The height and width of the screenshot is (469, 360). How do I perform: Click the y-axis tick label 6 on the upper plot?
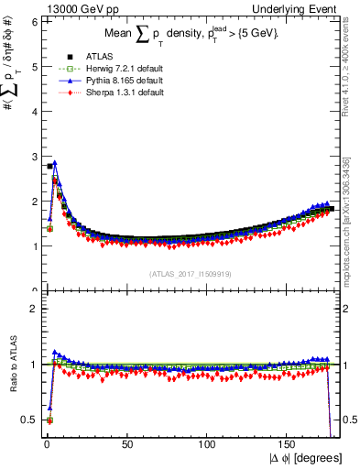click(34, 21)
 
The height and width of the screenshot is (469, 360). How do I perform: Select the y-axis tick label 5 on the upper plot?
click(34, 66)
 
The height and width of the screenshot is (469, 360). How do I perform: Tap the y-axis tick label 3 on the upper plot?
click(34, 156)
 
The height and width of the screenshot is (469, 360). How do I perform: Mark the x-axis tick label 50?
click(127, 444)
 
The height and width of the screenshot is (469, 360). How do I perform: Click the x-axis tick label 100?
click(209, 444)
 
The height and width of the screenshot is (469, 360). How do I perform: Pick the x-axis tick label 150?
click(289, 444)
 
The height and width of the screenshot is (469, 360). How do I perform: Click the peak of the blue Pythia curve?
click(55, 163)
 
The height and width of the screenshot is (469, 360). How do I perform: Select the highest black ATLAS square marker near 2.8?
click(49, 166)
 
